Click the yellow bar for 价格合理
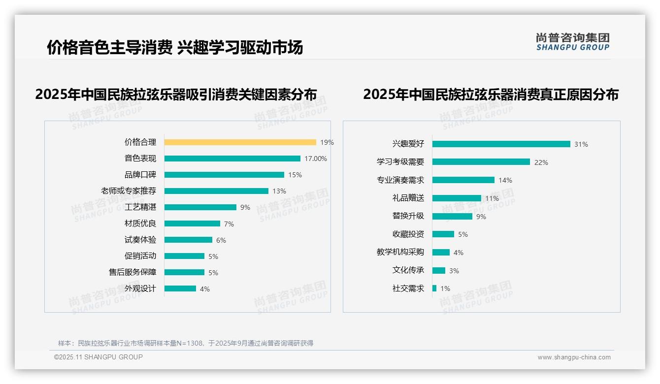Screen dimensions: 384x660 [x=240, y=142]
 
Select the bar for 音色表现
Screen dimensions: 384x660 [x=232, y=159]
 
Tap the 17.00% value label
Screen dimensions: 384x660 [x=316, y=159]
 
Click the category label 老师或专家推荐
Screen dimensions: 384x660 [x=129, y=191]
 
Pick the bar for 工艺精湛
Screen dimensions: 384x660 [x=200, y=207]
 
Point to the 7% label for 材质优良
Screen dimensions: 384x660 [x=229, y=224]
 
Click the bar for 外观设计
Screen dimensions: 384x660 [x=180, y=288]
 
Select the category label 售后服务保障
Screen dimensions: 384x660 [x=132, y=272]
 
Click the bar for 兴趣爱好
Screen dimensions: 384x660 [x=501, y=144]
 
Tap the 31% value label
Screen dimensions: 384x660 [x=581, y=144]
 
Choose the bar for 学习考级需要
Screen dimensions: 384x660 [x=481, y=162]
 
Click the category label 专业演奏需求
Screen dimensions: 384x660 [x=400, y=180]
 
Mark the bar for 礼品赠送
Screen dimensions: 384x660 [x=457, y=198]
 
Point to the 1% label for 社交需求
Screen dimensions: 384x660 [x=445, y=288]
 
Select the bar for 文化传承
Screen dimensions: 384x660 [x=438, y=270]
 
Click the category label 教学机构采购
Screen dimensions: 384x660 [x=400, y=252]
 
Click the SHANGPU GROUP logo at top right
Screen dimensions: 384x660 [x=573, y=42]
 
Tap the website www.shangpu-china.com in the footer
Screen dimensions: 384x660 [x=574, y=357]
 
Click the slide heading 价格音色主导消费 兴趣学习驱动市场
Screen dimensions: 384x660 [x=175, y=47]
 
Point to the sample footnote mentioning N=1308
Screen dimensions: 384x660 [x=186, y=343]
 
